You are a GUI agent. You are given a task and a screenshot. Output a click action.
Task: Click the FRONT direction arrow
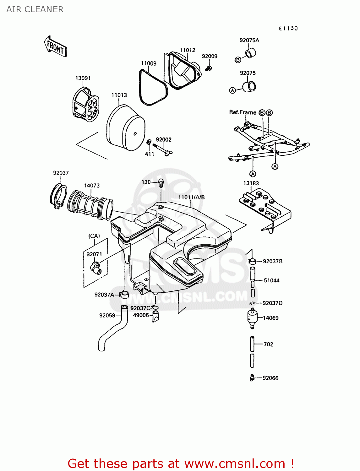[x=55, y=46]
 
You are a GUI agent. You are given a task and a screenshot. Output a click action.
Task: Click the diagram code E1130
[x=288, y=28]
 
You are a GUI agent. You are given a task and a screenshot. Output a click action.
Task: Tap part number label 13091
[x=83, y=78]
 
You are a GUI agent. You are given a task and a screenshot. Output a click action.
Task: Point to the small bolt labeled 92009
[x=208, y=68]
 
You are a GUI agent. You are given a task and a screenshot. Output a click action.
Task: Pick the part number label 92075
[x=248, y=73]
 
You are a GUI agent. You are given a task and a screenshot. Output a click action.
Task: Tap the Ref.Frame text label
[x=243, y=112]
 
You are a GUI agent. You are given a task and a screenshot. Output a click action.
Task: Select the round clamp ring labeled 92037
[x=59, y=196]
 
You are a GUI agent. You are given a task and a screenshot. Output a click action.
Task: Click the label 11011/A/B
[x=191, y=197]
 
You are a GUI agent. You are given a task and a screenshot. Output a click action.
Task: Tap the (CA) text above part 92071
[x=94, y=236]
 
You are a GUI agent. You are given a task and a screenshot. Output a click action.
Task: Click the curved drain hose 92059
[x=113, y=329]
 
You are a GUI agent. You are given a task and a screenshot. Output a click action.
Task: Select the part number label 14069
[x=270, y=318]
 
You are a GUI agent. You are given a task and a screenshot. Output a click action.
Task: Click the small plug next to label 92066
[x=252, y=378]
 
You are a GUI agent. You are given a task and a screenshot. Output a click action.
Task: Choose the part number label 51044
[x=271, y=280]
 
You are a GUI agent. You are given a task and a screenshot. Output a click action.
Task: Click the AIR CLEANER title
[x=35, y=9]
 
